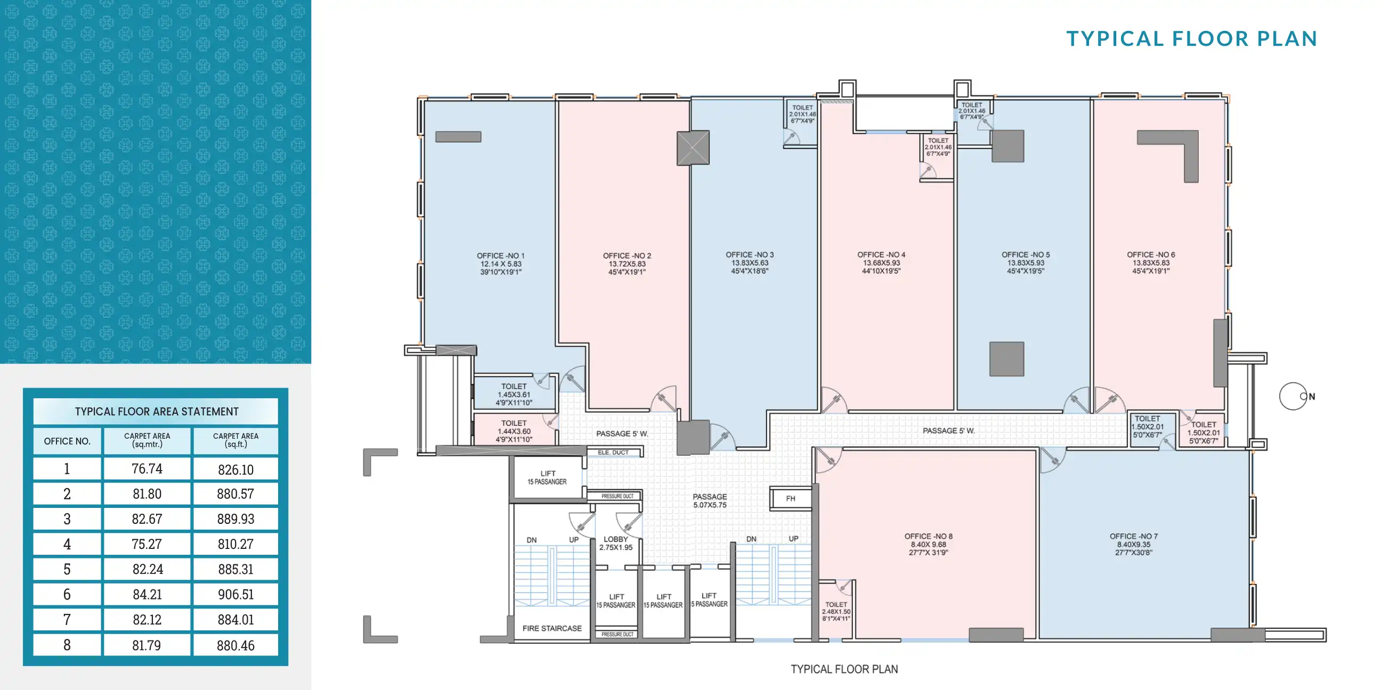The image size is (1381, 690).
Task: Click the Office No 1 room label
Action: [x=500, y=263]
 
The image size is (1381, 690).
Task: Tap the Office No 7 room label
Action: [x=1133, y=544]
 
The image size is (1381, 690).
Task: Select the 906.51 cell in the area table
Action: [x=235, y=594]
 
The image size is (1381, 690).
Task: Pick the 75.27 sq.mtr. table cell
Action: [x=147, y=544]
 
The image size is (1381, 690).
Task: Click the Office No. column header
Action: [x=67, y=441]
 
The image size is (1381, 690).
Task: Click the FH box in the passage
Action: [x=790, y=498]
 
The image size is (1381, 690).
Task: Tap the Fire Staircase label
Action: [x=551, y=628]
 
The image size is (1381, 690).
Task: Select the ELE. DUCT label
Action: [x=613, y=452]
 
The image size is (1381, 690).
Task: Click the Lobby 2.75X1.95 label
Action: [x=615, y=543]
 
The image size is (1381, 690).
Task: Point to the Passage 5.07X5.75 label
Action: [x=709, y=500]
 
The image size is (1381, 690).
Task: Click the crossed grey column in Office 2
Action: [x=693, y=148]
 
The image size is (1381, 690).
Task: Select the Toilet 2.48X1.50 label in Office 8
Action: [x=836, y=611]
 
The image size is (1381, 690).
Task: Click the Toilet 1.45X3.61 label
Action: [x=514, y=394]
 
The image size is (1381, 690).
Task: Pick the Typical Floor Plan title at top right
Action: [x=1191, y=38]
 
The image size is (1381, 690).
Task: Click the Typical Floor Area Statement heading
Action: [x=156, y=412]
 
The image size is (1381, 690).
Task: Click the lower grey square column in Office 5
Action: [x=1006, y=359]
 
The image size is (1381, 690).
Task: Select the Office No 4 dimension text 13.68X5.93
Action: [x=881, y=262]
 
